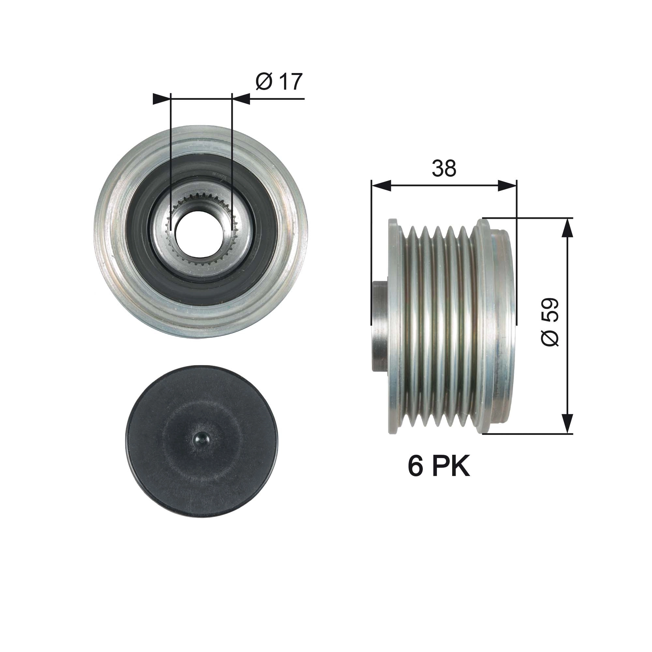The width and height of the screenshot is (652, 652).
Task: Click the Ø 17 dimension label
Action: (279, 82)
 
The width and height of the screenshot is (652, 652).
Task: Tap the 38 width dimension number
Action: (444, 169)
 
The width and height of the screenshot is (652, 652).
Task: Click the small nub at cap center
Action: (202, 440)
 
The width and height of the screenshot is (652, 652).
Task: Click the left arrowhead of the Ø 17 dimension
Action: (162, 99)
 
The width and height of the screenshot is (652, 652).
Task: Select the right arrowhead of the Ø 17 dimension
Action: (241, 99)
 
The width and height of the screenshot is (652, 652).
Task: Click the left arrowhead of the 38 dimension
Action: (381, 185)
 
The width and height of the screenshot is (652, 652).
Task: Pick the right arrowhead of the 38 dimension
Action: (507, 185)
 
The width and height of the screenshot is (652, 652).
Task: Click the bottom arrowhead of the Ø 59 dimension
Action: (568, 423)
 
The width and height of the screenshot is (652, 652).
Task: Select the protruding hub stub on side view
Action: (380, 326)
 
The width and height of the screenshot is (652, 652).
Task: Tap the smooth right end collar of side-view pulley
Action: (503, 326)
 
